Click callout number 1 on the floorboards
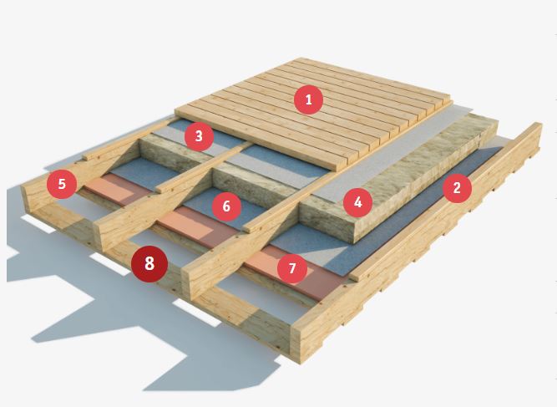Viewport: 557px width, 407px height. click(x=309, y=99)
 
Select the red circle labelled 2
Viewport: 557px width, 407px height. click(x=457, y=188)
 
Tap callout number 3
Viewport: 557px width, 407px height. click(x=199, y=136)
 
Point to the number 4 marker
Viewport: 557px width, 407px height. click(x=357, y=202)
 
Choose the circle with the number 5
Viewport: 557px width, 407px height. click(x=62, y=184)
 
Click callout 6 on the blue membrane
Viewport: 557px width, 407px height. click(x=226, y=206)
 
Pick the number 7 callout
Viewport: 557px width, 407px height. click(x=292, y=268)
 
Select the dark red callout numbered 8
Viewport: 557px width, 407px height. click(x=149, y=264)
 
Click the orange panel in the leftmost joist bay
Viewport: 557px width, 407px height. click(x=117, y=191)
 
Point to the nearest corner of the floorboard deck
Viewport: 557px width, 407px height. click(x=336, y=170)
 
